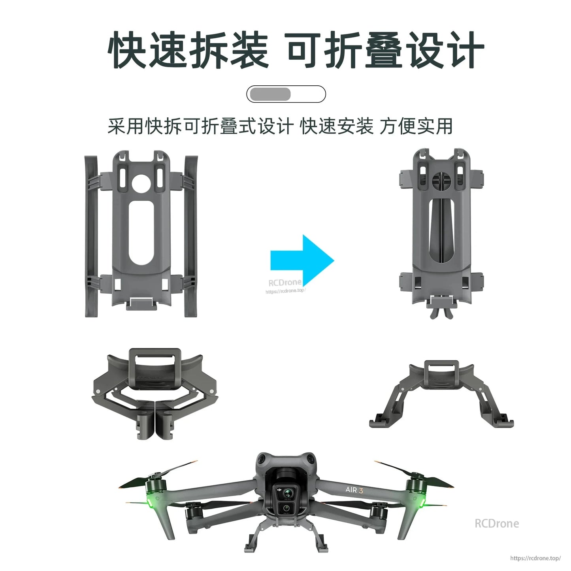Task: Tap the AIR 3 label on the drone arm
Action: pyautogui.click(x=354, y=490)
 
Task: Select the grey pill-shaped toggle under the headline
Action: pyautogui.click(x=271, y=94)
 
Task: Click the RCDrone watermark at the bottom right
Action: pyautogui.click(x=497, y=524)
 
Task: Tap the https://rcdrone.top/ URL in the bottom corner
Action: pyautogui.click(x=535, y=558)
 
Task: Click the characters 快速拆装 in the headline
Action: pyautogui.click(x=188, y=50)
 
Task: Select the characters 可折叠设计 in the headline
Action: pyautogui.click(x=385, y=50)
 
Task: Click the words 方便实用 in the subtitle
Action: pyautogui.click(x=416, y=126)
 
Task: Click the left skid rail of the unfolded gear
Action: pyautogui.click(x=91, y=236)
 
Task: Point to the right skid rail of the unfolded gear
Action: pyautogui.click(x=191, y=236)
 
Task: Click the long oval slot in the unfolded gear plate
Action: pyautogui.click(x=141, y=233)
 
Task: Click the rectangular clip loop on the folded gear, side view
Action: pyautogui.click(x=155, y=362)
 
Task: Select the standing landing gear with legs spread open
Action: pyautogui.click(x=441, y=395)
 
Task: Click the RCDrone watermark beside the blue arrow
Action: pyautogui.click(x=285, y=283)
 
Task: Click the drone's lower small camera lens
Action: pyautogui.click(x=286, y=508)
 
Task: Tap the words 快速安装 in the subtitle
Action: pyautogui.click(x=336, y=126)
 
